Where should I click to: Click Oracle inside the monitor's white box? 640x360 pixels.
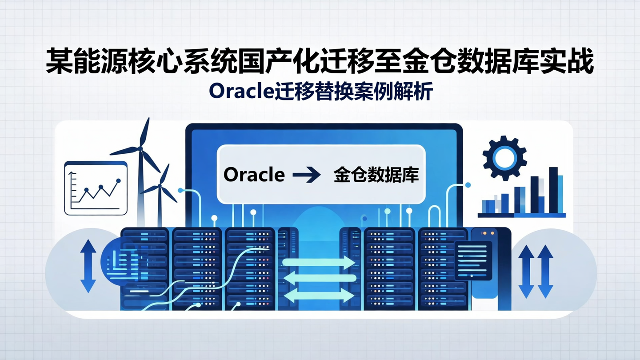point(254,175)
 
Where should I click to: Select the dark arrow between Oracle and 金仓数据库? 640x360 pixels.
point(307,175)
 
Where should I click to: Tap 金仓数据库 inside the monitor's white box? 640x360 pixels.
point(376,175)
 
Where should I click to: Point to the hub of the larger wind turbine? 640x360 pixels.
point(141,148)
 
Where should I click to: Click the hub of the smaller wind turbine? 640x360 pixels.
point(160,186)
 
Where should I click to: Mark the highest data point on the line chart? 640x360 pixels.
point(118,181)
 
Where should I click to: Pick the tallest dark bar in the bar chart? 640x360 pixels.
point(553,190)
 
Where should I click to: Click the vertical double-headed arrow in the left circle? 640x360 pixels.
point(88,266)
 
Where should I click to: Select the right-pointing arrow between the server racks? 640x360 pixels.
point(318,262)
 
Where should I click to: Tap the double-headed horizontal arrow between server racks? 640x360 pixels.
point(318,295)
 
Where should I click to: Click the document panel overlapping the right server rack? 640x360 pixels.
point(472,260)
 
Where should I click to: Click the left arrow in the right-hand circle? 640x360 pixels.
point(526,271)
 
